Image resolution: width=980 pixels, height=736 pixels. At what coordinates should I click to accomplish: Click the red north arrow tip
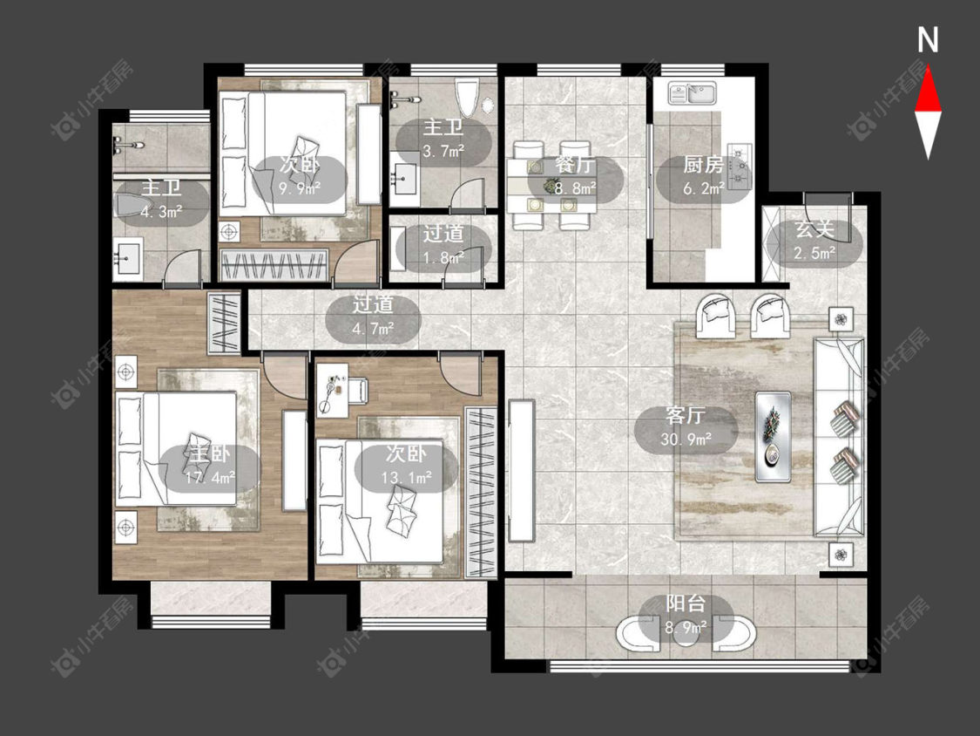(928, 68)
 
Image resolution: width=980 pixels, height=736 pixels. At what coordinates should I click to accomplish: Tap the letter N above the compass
(928, 40)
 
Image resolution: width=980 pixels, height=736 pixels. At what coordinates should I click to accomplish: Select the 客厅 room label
(686, 416)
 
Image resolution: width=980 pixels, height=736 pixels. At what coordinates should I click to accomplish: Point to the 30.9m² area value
(686, 440)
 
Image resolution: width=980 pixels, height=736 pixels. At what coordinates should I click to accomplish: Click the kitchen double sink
(693, 93)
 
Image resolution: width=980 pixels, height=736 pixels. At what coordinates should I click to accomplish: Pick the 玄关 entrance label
(814, 229)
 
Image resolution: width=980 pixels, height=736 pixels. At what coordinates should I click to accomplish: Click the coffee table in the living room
(774, 437)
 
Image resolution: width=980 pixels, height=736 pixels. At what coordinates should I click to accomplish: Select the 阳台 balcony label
(685, 603)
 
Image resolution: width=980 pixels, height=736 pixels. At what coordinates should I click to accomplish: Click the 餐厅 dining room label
(575, 165)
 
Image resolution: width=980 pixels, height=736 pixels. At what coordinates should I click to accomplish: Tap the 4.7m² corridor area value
(373, 328)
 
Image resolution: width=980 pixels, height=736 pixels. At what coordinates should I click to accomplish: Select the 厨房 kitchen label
(703, 165)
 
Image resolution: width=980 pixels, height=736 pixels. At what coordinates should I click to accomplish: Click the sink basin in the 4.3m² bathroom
(129, 258)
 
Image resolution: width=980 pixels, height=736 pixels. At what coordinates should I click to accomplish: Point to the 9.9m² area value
(300, 188)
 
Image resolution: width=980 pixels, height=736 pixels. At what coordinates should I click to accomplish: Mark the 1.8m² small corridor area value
(443, 256)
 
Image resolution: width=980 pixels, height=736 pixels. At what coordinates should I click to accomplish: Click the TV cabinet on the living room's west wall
(522, 470)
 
